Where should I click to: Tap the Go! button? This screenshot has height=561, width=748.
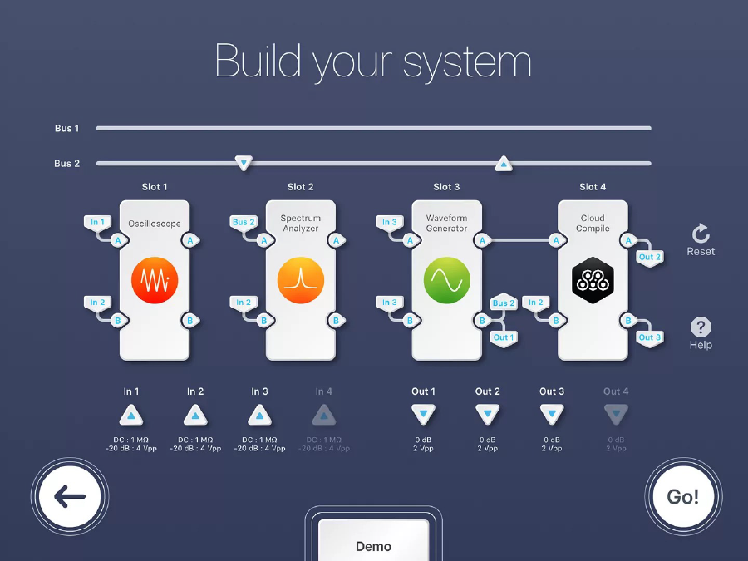point(683,497)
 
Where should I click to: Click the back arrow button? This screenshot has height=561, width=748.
point(70,497)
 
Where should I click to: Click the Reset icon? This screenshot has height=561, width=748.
point(701,234)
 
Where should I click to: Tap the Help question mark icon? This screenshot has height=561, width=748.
point(701,327)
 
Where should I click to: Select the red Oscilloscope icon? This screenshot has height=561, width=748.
point(155,280)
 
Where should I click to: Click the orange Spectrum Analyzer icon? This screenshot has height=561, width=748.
point(301,280)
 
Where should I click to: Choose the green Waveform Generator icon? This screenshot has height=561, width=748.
point(447,280)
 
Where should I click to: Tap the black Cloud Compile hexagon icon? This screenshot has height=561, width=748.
point(593,280)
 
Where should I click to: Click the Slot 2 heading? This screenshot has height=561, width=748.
point(301,187)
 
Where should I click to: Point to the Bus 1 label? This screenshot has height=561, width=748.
point(66,128)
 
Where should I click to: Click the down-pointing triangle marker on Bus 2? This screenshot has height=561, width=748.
point(244,163)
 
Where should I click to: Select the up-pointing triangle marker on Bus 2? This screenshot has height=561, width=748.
point(504,164)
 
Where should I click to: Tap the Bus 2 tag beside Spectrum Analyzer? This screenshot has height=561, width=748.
point(244,222)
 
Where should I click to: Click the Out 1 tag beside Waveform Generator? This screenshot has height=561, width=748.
point(504,338)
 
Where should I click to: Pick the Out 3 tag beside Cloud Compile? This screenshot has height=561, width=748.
point(650,338)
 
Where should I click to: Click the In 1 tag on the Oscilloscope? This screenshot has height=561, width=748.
point(97,222)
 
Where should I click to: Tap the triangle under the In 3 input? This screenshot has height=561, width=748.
point(259,415)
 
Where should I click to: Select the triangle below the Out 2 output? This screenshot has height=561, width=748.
point(488,414)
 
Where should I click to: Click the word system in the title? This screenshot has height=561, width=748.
point(467,62)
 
